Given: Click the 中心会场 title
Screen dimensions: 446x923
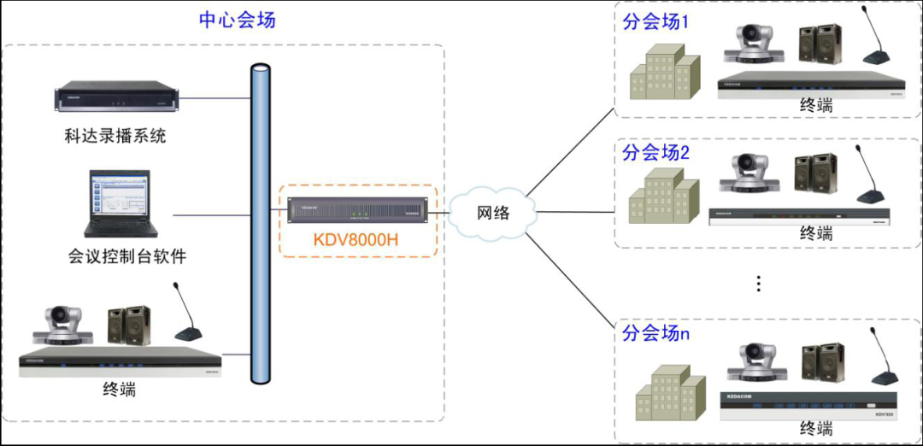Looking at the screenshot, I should (x=238, y=21).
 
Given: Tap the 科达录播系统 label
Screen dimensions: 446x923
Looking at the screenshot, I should (x=115, y=135).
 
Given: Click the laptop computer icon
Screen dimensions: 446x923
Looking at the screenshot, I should (x=121, y=203).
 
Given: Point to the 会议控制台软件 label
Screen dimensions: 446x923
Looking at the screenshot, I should (x=126, y=255).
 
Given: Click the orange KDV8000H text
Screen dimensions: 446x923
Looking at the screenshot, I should (x=356, y=238).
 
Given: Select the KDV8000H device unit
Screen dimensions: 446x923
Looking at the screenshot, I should (x=356, y=208).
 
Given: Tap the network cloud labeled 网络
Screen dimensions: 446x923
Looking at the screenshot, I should (x=491, y=213).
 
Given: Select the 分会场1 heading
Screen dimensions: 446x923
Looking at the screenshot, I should (x=656, y=21).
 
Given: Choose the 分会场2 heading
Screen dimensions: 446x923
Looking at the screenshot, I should (x=656, y=153).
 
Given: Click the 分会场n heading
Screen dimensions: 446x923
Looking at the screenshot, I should (x=656, y=332).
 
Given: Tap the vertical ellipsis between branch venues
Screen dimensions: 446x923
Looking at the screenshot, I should (x=757, y=284).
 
